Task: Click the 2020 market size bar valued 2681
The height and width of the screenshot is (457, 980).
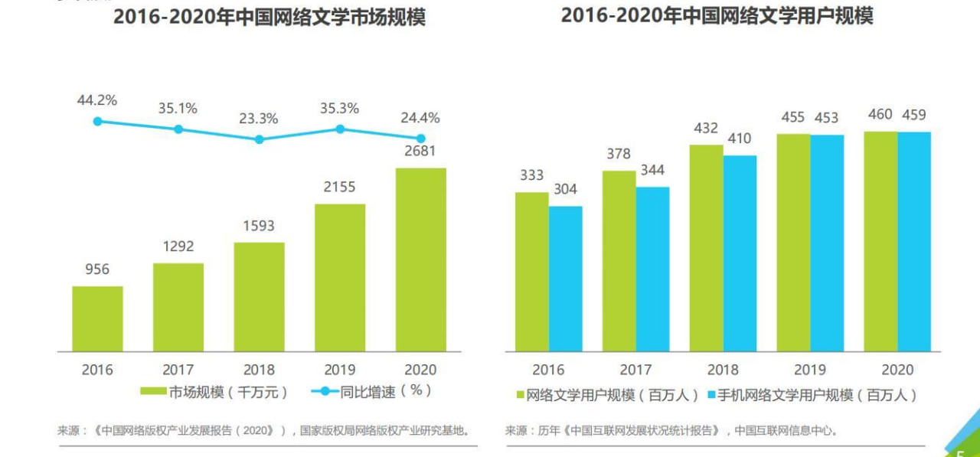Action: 420,260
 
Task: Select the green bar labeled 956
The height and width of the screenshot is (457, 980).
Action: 97,318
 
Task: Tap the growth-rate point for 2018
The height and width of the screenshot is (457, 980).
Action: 259,139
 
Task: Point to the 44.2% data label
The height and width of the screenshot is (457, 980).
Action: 96,100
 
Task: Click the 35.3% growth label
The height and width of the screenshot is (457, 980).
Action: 339,109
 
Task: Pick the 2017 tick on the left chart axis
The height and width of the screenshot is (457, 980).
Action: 178,370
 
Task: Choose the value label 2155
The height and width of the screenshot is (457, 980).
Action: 339,187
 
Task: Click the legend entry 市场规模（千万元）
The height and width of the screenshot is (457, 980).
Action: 214,391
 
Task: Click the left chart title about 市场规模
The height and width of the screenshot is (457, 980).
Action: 269,17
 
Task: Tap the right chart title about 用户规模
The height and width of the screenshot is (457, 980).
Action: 717,15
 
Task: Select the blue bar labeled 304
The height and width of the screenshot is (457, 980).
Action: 565,279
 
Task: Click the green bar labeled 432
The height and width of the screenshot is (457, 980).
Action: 706,248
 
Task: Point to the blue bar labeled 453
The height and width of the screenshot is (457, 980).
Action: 827,243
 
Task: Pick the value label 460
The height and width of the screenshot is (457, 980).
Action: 880,115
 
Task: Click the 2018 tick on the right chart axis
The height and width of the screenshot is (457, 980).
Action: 723,370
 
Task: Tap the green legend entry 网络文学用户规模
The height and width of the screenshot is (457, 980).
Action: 609,396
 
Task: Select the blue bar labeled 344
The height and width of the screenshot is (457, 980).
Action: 652,269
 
